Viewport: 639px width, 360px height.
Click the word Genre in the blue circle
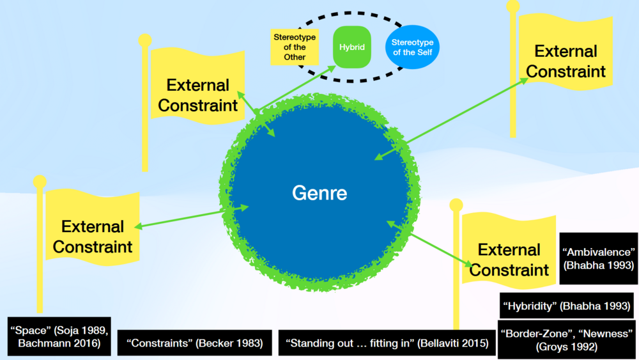click(x=319, y=192)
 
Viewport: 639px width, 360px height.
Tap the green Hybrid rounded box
click(x=351, y=47)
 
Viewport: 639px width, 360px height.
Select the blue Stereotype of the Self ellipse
click(x=412, y=47)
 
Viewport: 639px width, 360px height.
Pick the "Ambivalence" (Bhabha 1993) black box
click(x=598, y=258)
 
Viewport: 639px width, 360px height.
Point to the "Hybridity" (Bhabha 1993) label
click(x=567, y=306)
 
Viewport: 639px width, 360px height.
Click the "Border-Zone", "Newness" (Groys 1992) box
click(x=567, y=340)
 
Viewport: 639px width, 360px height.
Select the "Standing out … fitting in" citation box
click(x=387, y=343)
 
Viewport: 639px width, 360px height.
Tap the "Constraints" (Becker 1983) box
click(x=195, y=343)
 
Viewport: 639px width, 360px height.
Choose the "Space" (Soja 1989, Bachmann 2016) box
click(x=60, y=336)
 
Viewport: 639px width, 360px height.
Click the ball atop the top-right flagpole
click(x=513, y=6)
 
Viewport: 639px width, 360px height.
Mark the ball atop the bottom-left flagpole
click(x=40, y=182)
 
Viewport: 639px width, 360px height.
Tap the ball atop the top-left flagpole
click(x=145, y=40)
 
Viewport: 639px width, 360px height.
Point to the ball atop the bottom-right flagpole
click(x=456, y=205)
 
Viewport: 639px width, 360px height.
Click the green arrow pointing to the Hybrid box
click(x=294, y=90)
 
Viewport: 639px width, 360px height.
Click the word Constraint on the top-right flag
click(x=566, y=71)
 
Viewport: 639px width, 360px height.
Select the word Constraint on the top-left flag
click(x=197, y=105)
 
